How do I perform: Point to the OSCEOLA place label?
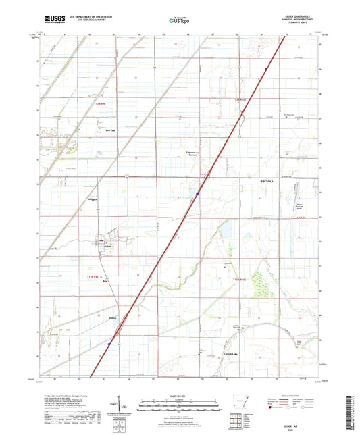[x=269, y=182]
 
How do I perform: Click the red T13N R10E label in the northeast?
[x=241, y=99]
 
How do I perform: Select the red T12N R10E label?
[x=242, y=278]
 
